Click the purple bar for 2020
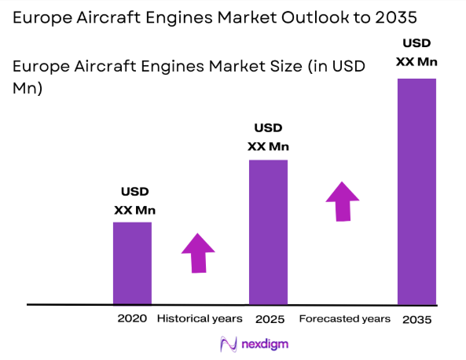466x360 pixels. point(132,263)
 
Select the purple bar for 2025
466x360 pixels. point(268,232)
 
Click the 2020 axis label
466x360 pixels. point(132,318)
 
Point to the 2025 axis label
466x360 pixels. point(269,319)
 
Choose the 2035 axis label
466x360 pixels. point(416,320)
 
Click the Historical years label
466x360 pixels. point(199,318)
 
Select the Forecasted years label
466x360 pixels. point(344,318)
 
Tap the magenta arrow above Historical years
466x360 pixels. point(198,252)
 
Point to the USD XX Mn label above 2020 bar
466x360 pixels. point(134,200)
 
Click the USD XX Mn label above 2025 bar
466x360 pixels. point(267,137)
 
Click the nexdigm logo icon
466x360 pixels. point(229,344)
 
